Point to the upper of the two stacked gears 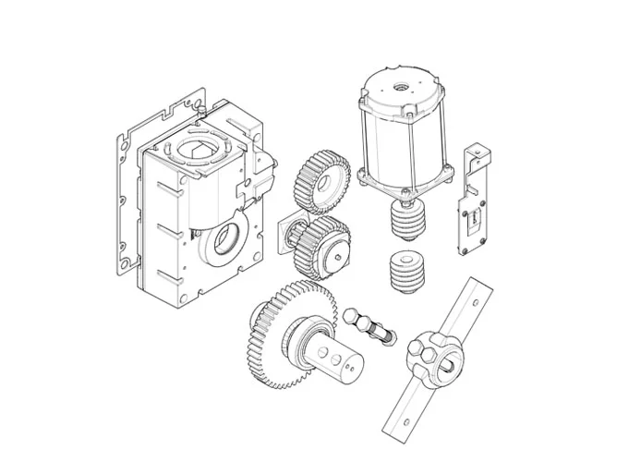pyautogui.click(x=323, y=183)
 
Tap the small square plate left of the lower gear pyautogui.click(x=289, y=237)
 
